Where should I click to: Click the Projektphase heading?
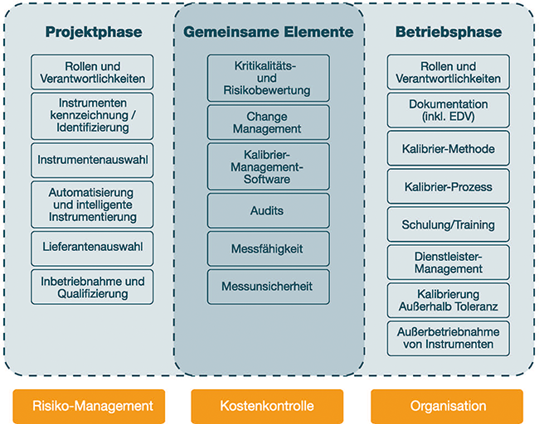tap(94, 32)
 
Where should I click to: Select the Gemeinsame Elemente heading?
tap(269, 32)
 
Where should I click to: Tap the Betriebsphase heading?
tap(449, 32)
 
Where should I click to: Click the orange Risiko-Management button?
tap(89, 406)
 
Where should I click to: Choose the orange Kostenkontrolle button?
tap(267, 406)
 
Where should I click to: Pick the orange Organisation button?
tap(447, 406)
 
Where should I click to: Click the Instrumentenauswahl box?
tap(92, 160)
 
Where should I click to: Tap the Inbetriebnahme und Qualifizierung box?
tap(92, 287)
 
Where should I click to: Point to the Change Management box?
tap(269, 123)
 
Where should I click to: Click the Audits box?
tap(269, 210)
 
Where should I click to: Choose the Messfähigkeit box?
tap(269, 248)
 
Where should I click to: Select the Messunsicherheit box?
tap(269, 287)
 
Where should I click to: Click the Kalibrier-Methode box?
tap(449, 148)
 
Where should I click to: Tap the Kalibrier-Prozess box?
tap(449, 186)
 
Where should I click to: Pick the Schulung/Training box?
tap(449, 224)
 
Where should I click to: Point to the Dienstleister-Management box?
tap(449, 263)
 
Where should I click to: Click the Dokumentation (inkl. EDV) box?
tap(449, 110)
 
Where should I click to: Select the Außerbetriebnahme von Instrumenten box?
tap(449, 339)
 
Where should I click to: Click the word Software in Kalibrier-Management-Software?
tap(267, 179)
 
